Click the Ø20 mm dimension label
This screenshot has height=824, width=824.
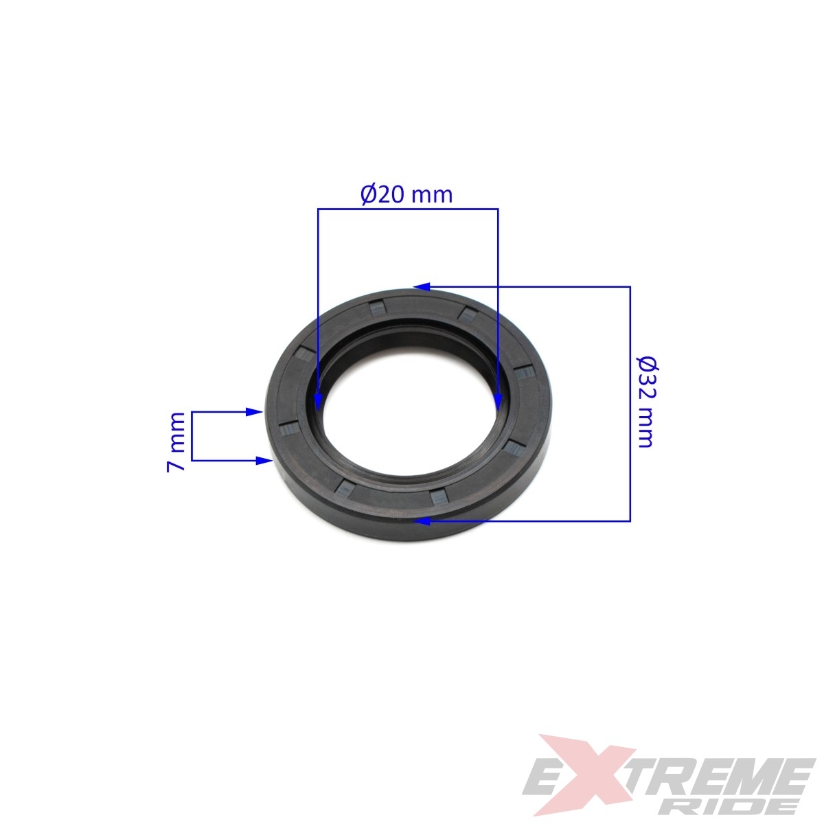407,195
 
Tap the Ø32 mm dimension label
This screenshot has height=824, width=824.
646,402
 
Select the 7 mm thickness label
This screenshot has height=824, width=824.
176,442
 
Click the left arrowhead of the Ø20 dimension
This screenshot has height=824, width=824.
318,402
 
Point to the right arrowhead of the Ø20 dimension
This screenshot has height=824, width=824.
498,402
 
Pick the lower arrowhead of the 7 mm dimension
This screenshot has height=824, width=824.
264,461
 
